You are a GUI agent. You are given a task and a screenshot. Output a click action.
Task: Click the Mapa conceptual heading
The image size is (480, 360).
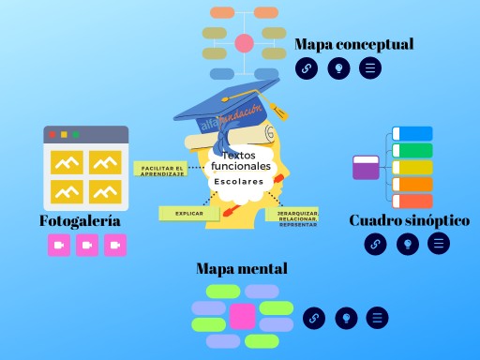click(353, 44)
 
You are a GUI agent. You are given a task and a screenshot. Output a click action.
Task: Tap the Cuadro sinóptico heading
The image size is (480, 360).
click(409, 220)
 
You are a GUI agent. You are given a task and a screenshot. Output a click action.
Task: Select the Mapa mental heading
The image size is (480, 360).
click(241, 269)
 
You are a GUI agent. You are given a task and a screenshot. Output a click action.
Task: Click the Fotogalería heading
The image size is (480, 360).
click(80, 221)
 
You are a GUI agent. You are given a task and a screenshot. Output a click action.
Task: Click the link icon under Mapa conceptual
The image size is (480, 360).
click(307, 67)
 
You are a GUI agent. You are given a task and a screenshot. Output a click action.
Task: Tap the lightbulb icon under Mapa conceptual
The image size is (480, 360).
click(338, 67)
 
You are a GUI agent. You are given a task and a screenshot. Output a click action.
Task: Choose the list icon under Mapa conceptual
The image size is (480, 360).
click(370, 67)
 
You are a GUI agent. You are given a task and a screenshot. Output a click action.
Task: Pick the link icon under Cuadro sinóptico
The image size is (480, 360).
click(375, 244)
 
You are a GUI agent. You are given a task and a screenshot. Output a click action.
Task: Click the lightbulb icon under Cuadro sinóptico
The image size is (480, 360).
click(407, 244)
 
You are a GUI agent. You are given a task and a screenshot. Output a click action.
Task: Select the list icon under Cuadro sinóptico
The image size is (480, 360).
click(438, 244)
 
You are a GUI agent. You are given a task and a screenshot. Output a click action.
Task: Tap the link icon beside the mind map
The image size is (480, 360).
click(314, 318)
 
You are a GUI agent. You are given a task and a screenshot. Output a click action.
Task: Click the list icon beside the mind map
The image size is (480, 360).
click(377, 318)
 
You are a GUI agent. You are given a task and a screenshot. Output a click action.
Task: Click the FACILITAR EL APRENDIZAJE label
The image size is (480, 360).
click(162, 170)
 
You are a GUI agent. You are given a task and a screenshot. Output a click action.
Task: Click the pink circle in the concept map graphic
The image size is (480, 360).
click(245, 43)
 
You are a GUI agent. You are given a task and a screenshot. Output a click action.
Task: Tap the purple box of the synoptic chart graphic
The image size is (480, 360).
click(366, 168)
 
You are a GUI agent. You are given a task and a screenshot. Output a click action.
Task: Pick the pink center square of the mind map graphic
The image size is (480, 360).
click(243, 316)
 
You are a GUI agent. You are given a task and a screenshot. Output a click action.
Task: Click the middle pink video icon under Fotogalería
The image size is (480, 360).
click(87, 245)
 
